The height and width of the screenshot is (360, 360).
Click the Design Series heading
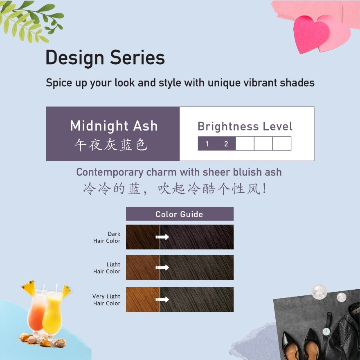(105, 58)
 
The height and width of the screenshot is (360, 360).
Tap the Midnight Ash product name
(114, 126)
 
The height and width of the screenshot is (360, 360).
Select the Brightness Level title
(245, 126)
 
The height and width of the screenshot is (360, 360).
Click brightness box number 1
(207, 144)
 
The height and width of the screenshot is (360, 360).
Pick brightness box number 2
(226, 144)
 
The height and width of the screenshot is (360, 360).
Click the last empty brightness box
(282, 144)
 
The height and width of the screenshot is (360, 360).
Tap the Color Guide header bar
(180, 214)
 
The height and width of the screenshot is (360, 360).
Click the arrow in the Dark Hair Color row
(162, 237)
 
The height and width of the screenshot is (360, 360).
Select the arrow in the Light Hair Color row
(162, 268)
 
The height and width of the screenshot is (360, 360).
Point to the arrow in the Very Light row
(162, 299)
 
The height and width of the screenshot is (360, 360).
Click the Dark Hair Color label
(107, 237)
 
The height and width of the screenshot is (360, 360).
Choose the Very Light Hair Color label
(106, 300)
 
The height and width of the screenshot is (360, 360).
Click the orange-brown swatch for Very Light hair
(142, 299)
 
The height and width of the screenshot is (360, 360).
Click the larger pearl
(319, 292)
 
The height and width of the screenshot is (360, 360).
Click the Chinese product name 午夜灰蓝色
(110, 144)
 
